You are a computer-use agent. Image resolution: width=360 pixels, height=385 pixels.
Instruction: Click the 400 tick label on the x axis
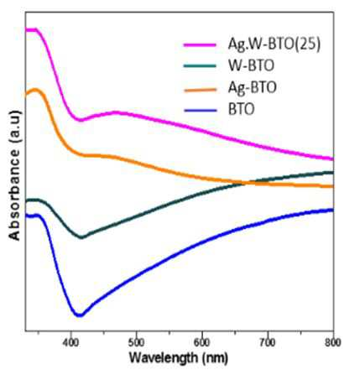tap(70, 343)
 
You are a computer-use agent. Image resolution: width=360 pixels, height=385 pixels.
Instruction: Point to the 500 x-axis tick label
tap(137, 343)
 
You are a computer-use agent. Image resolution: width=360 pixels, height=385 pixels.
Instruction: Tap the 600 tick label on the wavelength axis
tap(202, 343)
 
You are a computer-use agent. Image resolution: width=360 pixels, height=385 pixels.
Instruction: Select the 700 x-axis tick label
tap(268, 343)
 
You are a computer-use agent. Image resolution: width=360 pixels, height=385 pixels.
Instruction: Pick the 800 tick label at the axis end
tap(333, 343)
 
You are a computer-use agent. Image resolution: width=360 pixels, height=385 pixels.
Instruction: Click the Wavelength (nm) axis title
tap(179, 358)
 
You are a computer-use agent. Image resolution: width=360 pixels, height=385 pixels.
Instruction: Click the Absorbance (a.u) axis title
tap(14, 175)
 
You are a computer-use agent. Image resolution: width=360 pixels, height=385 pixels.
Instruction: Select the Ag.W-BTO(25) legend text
tap(274, 44)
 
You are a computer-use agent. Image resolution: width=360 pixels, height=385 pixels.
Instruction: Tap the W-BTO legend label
tap(251, 65)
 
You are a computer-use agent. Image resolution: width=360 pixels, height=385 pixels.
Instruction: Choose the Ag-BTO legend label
tap(253, 88)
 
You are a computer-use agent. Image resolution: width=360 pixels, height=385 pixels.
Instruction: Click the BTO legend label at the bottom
tap(242, 109)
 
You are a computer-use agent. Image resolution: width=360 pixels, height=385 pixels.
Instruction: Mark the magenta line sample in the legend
tap(200, 44)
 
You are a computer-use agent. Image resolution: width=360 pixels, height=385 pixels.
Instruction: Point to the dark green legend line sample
tap(200, 66)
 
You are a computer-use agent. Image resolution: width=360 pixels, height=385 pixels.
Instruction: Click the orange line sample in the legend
tap(200, 90)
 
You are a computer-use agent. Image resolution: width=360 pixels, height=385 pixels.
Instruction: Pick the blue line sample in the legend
tap(200, 110)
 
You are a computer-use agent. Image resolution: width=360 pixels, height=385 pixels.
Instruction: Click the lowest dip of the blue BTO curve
tap(80, 315)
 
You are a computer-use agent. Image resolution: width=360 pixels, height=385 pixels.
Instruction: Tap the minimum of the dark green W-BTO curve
tap(81, 237)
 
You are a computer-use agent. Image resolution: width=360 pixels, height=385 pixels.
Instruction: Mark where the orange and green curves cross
tap(246, 183)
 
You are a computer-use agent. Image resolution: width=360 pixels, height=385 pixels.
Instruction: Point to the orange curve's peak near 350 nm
tap(35, 90)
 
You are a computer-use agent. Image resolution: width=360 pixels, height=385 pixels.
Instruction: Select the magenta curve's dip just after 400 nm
tap(81, 120)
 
